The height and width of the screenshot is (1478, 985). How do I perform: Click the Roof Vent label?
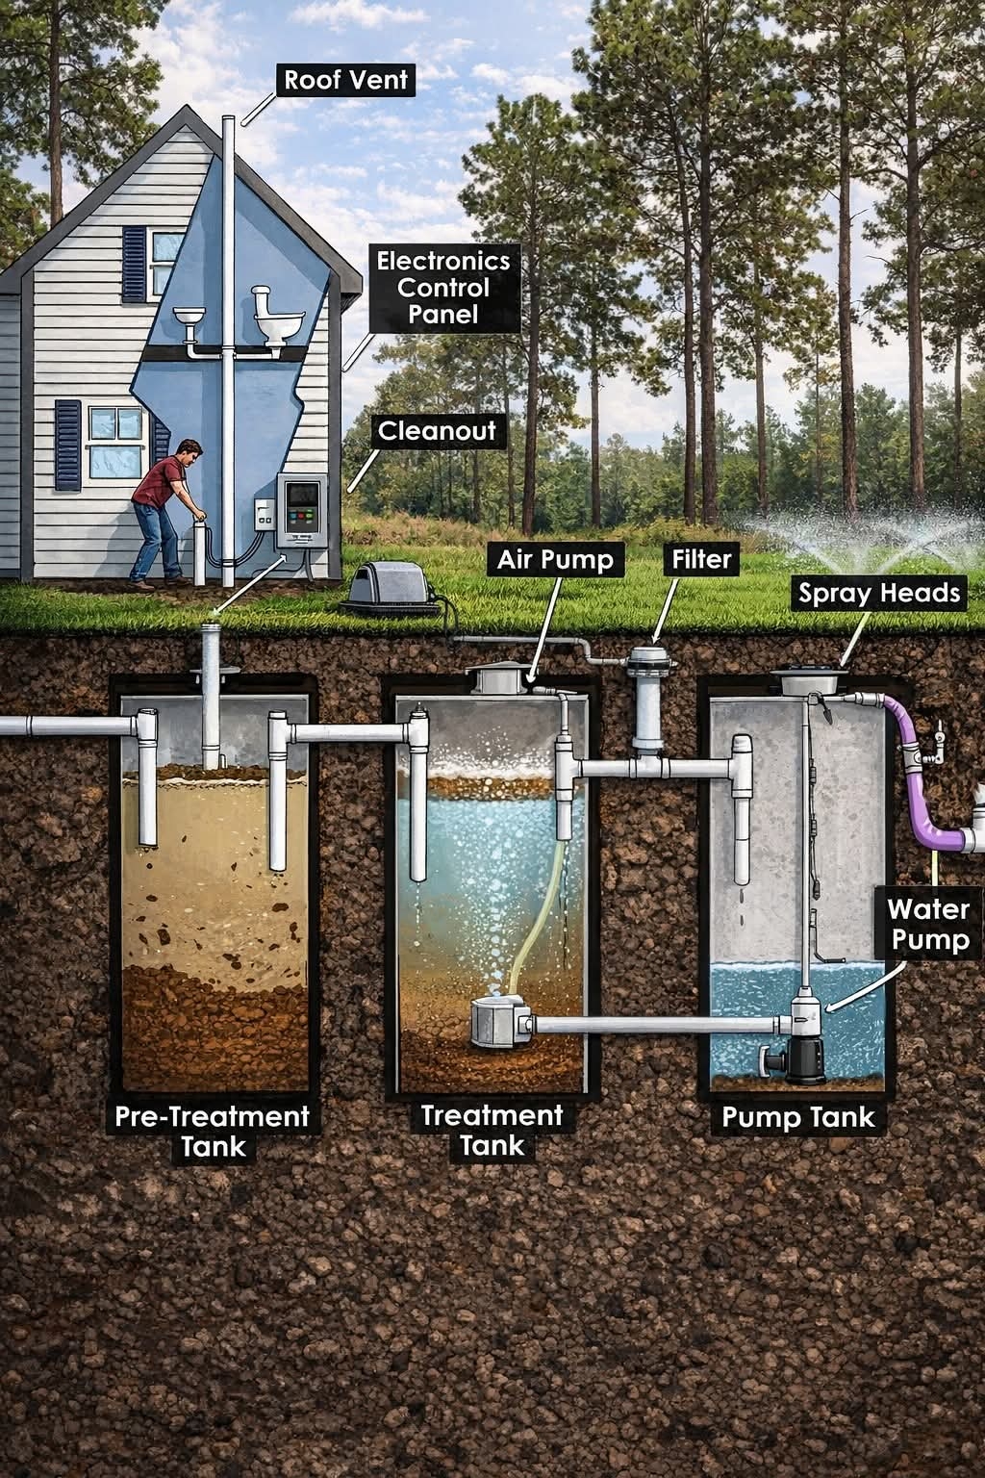[345, 79]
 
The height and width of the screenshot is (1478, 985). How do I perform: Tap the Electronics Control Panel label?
[443, 287]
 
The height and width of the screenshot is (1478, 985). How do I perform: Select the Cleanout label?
[436, 430]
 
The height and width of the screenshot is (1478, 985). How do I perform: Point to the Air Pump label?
[555, 559]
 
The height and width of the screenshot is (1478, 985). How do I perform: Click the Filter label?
[701, 559]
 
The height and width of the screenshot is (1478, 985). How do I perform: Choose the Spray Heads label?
[879, 594]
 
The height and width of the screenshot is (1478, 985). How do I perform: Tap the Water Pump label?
[927, 924]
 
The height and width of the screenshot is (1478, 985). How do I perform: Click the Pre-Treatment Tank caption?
[212, 1131]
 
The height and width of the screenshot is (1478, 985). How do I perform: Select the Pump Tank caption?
[798, 1116]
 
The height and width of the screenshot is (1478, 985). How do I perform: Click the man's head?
[190, 449]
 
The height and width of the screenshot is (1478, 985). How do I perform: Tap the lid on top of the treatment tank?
[497, 678]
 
